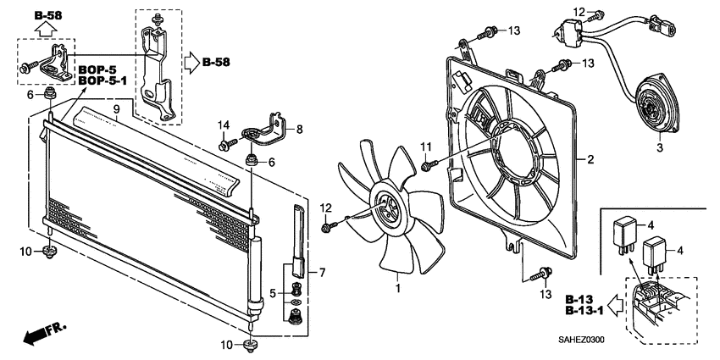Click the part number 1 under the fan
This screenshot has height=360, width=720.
[x=396, y=290]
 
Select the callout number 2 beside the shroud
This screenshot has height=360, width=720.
[x=590, y=159]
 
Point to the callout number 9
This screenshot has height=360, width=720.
[x=117, y=109]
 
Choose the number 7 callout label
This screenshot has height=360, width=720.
[x=323, y=272]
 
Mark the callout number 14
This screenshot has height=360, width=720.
[x=224, y=125]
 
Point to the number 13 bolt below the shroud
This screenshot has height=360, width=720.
[x=541, y=273]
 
